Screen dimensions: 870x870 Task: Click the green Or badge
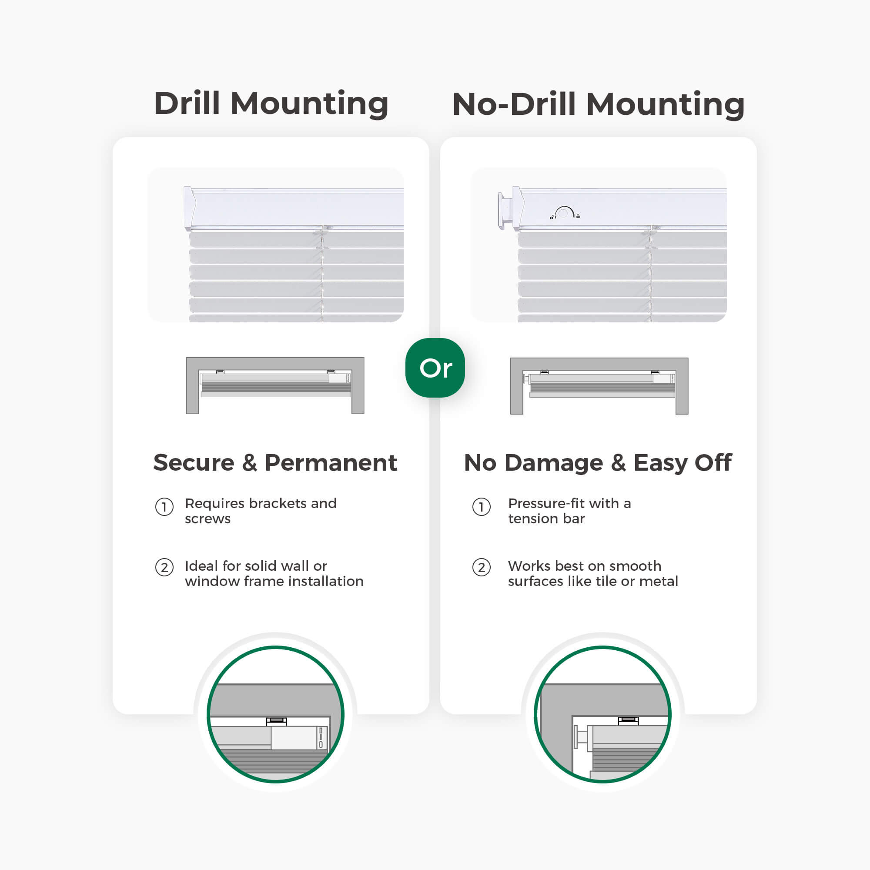(x=435, y=368)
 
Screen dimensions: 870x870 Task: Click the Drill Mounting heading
(x=271, y=104)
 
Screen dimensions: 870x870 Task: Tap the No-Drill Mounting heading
(x=599, y=104)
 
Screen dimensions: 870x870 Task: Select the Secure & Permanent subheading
(x=275, y=462)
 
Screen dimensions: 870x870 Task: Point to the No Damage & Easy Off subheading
(x=598, y=463)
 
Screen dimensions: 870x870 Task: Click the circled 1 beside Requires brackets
(x=164, y=507)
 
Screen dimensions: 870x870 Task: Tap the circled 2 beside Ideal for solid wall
(x=164, y=567)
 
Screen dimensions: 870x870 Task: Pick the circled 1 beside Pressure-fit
(x=482, y=507)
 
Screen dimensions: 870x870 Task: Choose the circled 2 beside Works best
(x=482, y=567)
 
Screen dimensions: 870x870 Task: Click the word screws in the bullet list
(x=207, y=519)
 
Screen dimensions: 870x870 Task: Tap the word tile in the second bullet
(x=604, y=581)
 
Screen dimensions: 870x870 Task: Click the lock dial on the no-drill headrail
(x=564, y=212)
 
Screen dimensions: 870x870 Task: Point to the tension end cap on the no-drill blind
(x=505, y=210)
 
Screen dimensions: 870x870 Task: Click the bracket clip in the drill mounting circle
(x=277, y=721)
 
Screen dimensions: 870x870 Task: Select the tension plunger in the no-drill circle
(x=581, y=737)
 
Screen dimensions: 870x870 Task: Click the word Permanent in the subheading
(x=331, y=462)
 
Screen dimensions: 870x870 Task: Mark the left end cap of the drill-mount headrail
(x=189, y=208)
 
